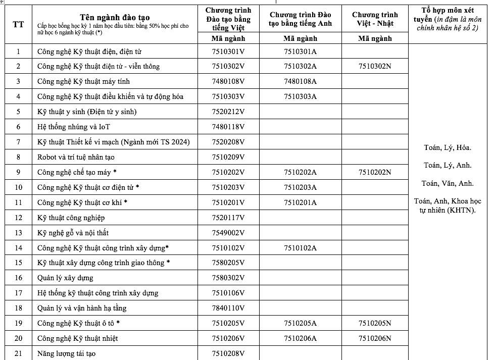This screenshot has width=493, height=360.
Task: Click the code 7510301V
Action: click(x=228, y=52)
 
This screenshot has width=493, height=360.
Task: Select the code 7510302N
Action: click(x=375, y=67)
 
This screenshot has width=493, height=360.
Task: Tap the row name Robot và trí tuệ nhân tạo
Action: click(x=76, y=157)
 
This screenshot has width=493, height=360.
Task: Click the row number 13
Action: click(x=19, y=233)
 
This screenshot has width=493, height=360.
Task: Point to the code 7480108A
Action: click(x=300, y=82)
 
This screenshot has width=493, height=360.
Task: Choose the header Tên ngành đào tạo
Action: click(x=114, y=18)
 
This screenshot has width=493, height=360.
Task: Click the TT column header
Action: click(x=19, y=24)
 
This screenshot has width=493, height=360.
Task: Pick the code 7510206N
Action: click(x=375, y=338)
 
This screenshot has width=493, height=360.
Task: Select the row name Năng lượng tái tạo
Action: click(x=66, y=353)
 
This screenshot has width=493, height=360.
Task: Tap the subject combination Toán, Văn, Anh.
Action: click(x=448, y=183)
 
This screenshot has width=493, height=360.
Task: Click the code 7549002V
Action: click(x=228, y=233)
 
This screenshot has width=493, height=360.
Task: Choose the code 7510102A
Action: click(x=300, y=248)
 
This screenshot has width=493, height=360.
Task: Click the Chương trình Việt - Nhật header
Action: click(x=375, y=19)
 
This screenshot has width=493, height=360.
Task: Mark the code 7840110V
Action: click(x=228, y=308)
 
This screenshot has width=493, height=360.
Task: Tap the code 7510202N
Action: click(x=375, y=172)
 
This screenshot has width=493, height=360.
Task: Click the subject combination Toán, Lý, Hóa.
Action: click(x=448, y=148)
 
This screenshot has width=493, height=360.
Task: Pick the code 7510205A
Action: click(x=300, y=323)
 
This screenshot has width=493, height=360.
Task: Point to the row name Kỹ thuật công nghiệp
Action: click(x=71, y=218)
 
